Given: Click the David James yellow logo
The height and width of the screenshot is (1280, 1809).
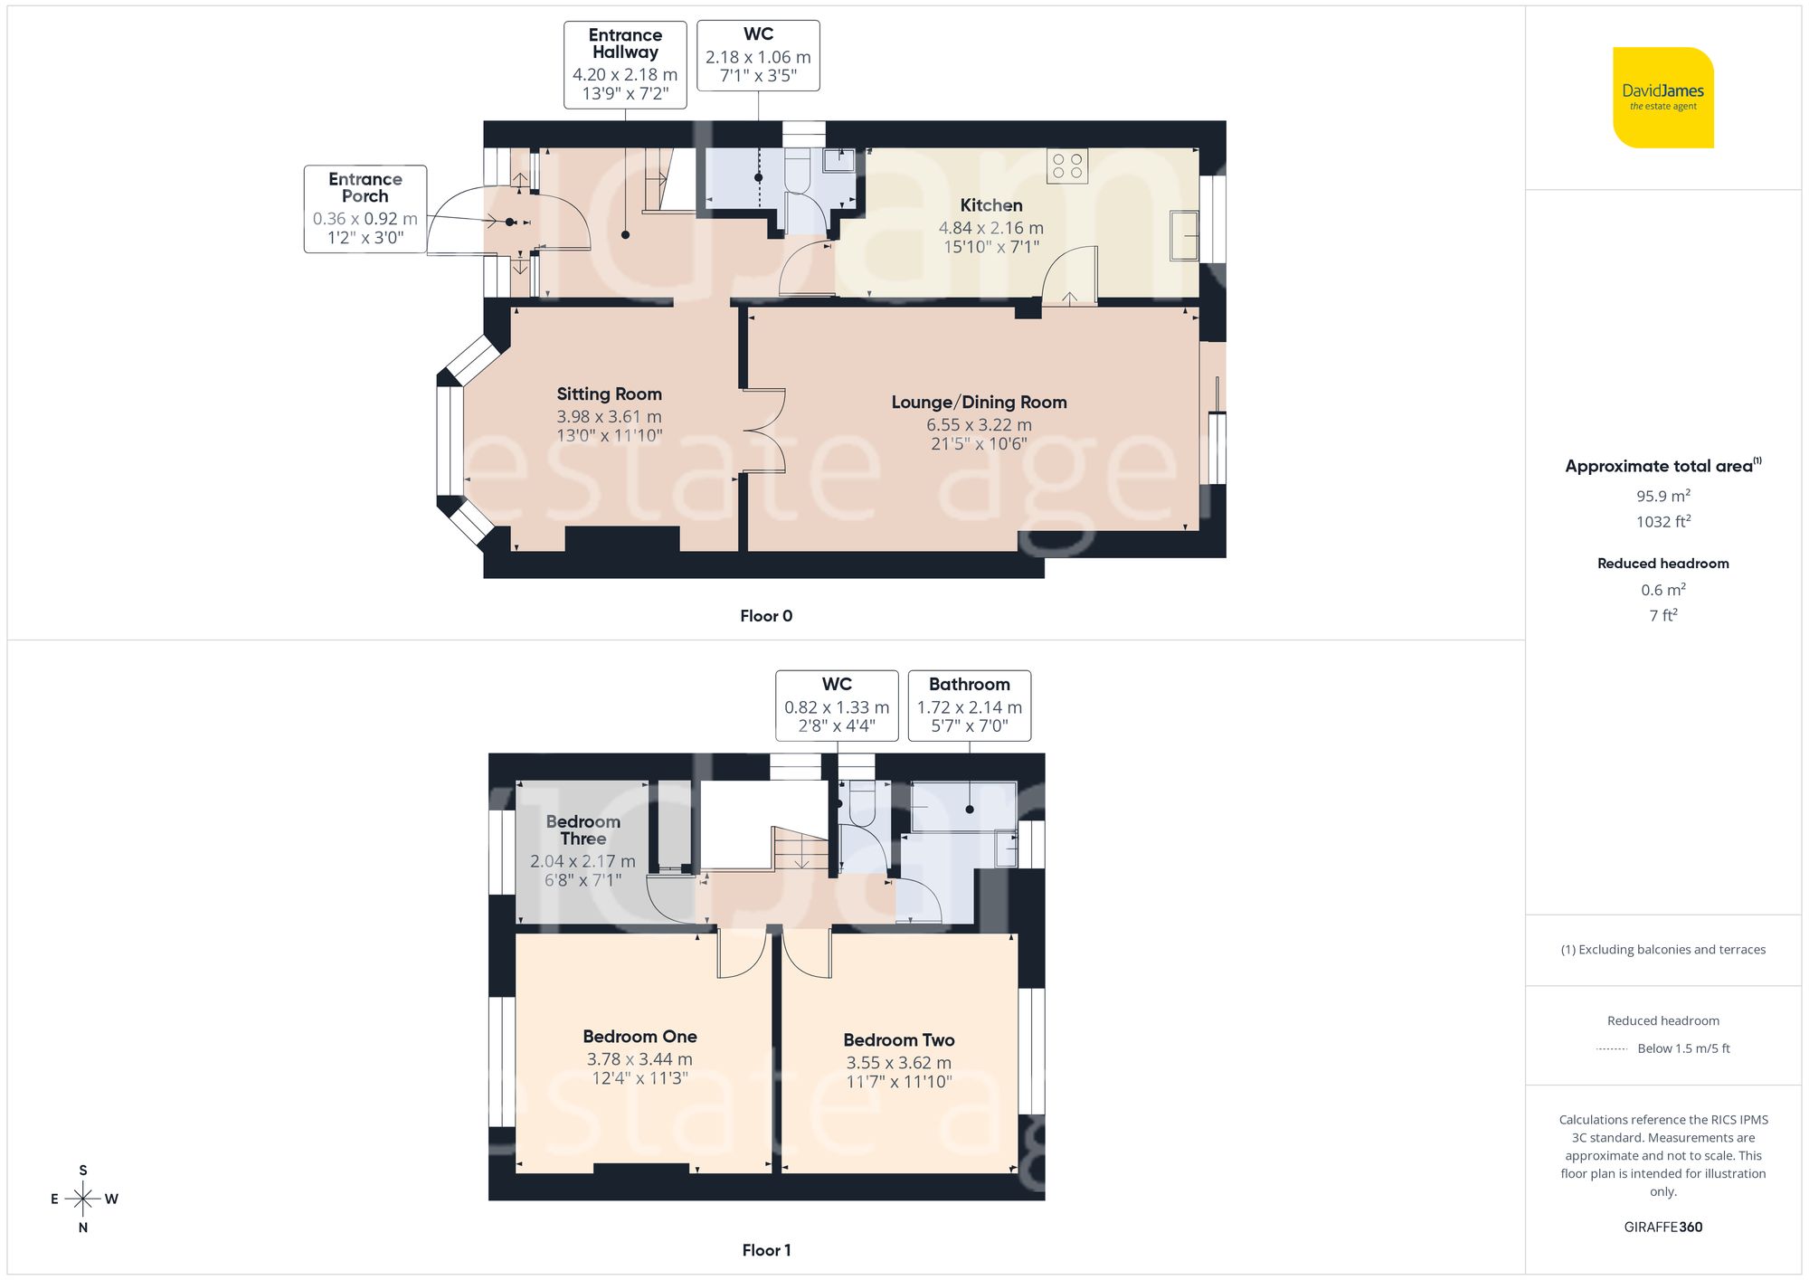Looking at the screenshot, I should [x=1662, y=98].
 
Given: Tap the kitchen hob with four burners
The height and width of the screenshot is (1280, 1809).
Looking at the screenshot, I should [x=1067, y=166].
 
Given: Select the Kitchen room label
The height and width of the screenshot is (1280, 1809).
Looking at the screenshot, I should [x=991, y=205].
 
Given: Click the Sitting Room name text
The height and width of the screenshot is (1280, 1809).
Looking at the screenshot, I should [x=609, y=393].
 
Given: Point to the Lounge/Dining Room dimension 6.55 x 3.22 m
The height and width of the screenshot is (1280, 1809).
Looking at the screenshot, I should [x=979, y=424].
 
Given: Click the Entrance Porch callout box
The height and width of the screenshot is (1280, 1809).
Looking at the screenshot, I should [x=365, y=209].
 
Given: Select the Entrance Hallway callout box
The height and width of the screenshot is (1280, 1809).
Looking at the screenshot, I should [x=625, y=65].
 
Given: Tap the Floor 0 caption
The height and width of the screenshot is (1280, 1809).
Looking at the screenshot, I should [x=766, y=616].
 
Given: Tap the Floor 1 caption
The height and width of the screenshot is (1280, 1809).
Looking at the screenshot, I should [x=766, y=1250].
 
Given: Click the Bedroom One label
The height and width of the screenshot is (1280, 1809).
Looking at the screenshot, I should [x=639, y=1037].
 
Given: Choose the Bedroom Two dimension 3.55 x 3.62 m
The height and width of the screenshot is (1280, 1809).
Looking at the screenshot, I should [x=898, y=1063].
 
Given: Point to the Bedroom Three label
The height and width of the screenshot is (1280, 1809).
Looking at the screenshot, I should [x=582, y=830].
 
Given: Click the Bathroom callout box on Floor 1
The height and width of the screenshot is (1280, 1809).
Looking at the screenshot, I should [x=969, y=706].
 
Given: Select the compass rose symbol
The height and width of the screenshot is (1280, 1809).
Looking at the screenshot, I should [x=83, y=1199].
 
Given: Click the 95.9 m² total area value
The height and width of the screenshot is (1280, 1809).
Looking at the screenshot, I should [x=1662, y=496].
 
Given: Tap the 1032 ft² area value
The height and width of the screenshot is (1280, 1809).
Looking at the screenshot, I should [x=1662, y=522].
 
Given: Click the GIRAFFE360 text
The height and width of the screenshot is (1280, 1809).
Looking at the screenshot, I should [x=1662, y=1228].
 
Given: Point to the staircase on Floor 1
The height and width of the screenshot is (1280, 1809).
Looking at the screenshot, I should [x=800, y=849].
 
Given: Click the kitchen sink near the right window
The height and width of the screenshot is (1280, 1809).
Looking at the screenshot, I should [x=1184, y=235].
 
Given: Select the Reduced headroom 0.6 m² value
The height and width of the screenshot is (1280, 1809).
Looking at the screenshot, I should [x=1662, y=590].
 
